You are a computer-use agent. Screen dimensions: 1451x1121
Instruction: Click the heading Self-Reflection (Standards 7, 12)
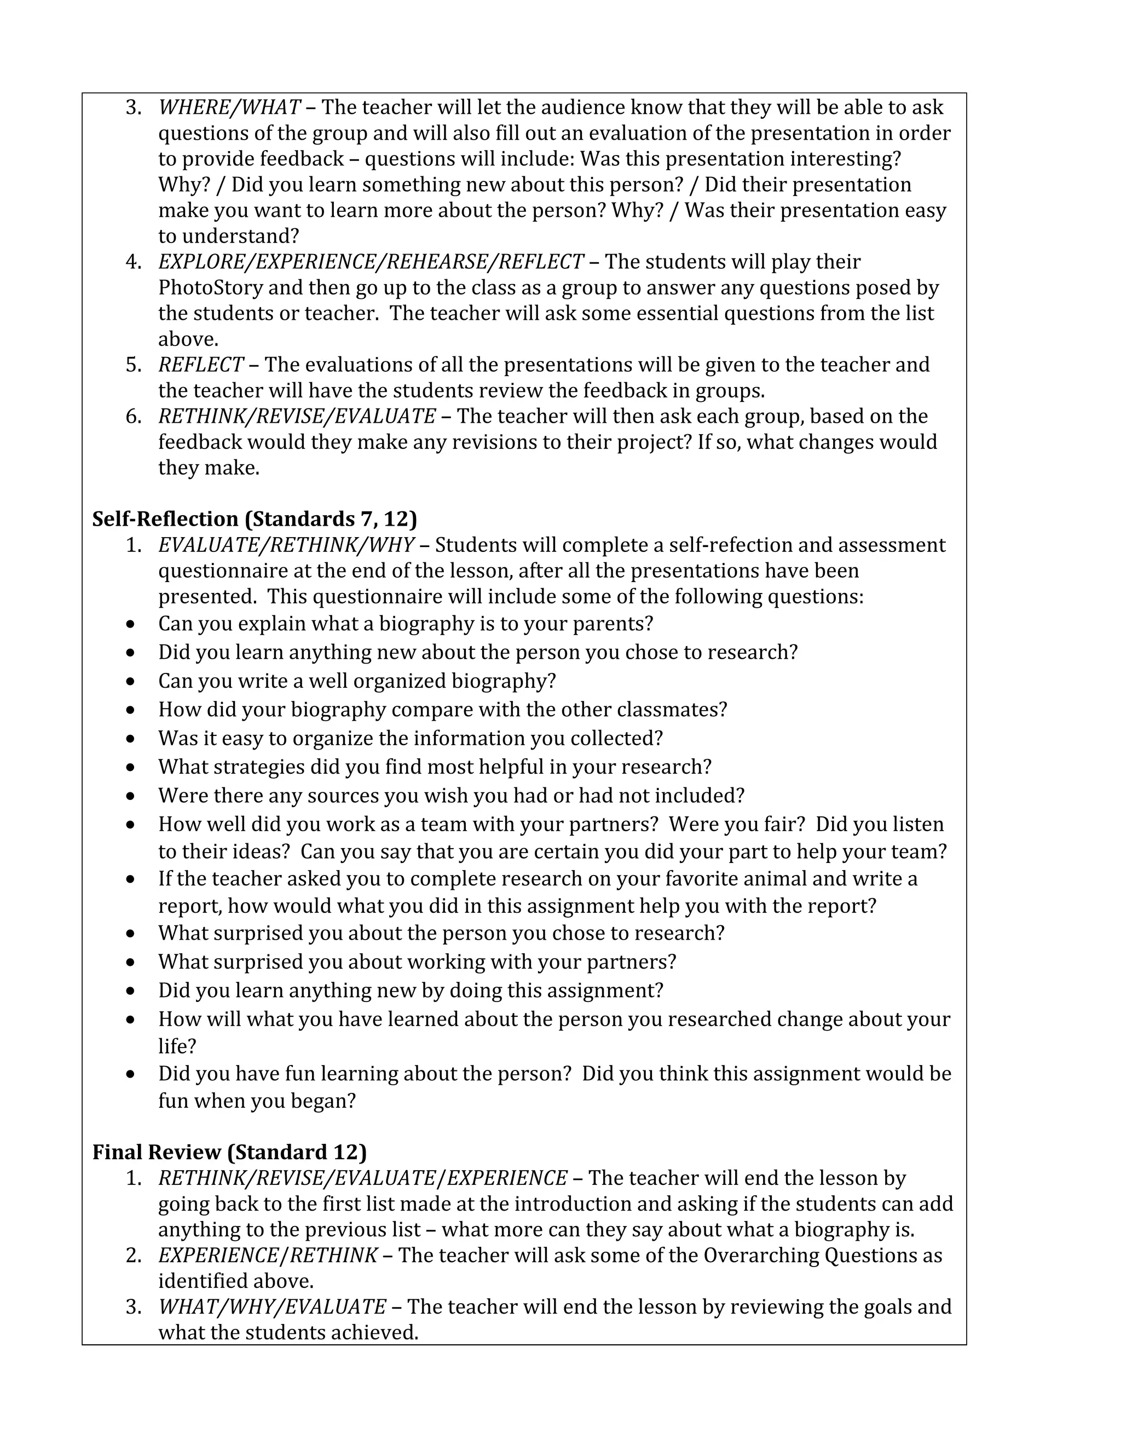[x=255, y=519]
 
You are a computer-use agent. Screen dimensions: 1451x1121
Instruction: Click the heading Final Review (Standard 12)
[x=229, y=1152]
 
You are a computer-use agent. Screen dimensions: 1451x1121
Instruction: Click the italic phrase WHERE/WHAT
[x=229, y=108]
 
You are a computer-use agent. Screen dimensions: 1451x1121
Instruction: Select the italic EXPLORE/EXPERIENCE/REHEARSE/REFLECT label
[x=371, y=262]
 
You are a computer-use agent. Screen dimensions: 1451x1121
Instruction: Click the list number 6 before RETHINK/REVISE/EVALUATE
[x=133, y=417]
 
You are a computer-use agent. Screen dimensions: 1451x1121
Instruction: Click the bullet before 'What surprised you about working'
[x=131, y=963]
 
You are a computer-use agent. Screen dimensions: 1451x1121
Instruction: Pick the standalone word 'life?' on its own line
[x=177, y=1046]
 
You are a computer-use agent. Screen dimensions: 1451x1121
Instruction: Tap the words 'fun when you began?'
[x=256, y=1101]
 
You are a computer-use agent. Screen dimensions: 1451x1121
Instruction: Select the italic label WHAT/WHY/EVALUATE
[x=271, y=1307]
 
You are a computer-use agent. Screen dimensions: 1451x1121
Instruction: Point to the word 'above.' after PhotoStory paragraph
[x=188, y=339]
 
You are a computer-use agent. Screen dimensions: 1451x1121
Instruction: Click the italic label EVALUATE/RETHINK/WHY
[x=286, y=545]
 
